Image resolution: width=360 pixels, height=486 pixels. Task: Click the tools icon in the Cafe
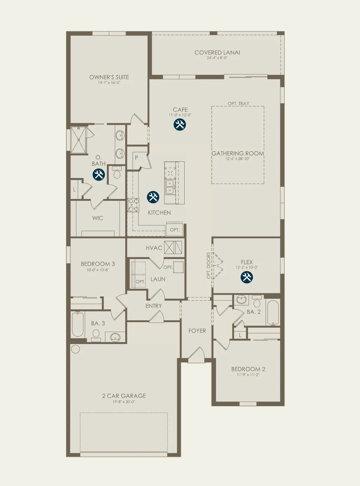[x=180, y=125]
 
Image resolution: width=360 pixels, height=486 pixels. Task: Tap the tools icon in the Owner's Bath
[x=99, y=175]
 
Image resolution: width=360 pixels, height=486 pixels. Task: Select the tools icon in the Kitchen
[x=153, y=197]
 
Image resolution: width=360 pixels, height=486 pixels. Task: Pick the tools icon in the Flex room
[x=247, y=277]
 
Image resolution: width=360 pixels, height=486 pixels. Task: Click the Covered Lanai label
[x=217, y=53]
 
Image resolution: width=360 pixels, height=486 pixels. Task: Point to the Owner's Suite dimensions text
[x=109, y=83]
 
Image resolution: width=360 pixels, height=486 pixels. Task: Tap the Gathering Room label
[x=238, y=153]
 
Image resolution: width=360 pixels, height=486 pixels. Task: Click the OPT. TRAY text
[x=238, y=103]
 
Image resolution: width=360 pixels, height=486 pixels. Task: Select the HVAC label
[x=154, y=248]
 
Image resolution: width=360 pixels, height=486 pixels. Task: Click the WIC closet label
[x=98, y=218]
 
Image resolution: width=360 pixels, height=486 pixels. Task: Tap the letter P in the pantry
[x=136, y=158]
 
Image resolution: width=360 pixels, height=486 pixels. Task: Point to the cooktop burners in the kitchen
[x=133, y=205]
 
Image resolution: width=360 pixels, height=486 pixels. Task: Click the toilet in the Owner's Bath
[x=117, y=172]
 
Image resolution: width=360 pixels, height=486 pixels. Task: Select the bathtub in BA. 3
[x=78, y=324]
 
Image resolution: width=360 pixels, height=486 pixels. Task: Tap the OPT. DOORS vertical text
[x=209, y=265]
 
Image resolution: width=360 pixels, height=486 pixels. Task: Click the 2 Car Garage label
[x=124, y=396]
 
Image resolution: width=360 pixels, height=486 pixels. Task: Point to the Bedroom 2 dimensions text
[x=248, y=375]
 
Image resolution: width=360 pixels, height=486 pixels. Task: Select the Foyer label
[x=197, y=331]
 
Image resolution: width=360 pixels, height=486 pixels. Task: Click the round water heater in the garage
[x=75, y=349]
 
